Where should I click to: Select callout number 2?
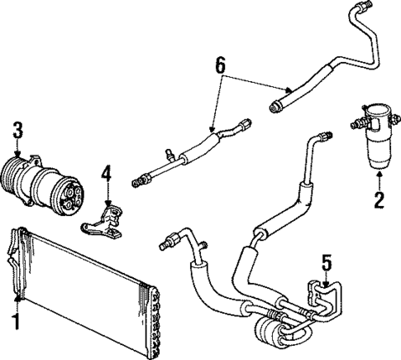click(379, 199)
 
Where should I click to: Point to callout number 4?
click(106, 174)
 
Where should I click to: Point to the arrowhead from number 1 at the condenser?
click(17, 297)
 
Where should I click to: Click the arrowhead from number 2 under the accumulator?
click(379, 175)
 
